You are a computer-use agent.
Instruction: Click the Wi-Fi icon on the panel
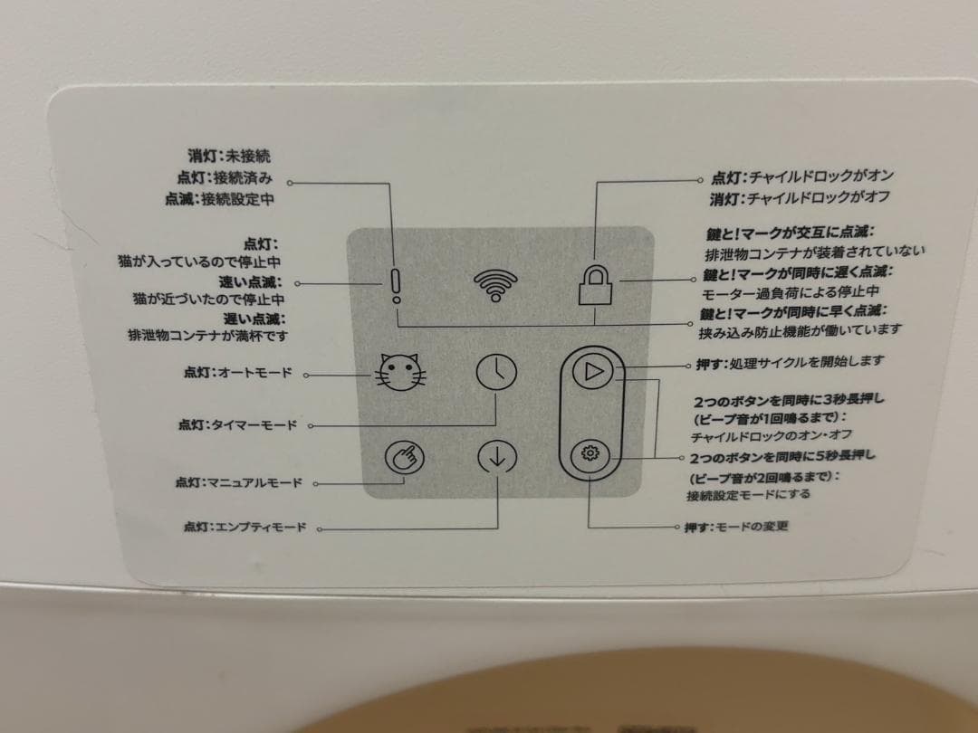tap(495, 285)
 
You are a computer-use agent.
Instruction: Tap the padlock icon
tap(595, 285)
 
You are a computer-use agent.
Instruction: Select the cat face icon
tap(400, 372)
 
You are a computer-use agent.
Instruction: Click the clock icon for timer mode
tap(496, 372)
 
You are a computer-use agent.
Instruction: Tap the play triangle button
tap(592, 372)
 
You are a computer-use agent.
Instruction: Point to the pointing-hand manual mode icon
tap(405, 458)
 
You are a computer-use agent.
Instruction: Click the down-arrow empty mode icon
tap(497, 457)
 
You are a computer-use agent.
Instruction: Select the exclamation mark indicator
tap(396, 286)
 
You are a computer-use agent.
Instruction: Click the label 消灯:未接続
tap(229, 156)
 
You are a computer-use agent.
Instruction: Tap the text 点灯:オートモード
tap(237, 373)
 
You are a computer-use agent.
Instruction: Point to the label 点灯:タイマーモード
tap(237, 425)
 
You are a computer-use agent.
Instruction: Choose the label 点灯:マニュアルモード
tap(238, 482)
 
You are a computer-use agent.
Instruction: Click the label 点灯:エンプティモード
tap(244, 528)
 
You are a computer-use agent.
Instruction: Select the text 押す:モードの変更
tap(736, 527)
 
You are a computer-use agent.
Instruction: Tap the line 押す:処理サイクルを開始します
tap(791, 361)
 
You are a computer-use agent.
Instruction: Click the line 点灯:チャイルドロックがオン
tap(802, 176)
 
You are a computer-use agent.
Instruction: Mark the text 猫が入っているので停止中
tap(199, 262)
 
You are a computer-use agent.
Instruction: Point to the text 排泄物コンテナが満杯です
tap(208, 336)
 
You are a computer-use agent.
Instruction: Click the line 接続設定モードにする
tap(749, 495)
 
